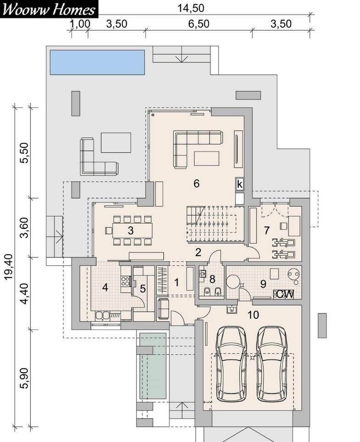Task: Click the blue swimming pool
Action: (x=97, y=62)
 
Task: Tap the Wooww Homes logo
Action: (x=49, y=9)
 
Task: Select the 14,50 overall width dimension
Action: (x=191, y=8)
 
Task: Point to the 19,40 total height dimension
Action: (x=9, y=267)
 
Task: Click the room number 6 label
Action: (x=197, y=184)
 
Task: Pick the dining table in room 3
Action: (x=133, y=230)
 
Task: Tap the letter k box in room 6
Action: (x=240, y=185)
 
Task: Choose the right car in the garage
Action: (x=272, y=364)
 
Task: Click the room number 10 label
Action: (x=253, y=315)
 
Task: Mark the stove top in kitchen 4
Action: (x=125, y=281)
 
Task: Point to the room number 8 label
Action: (x=212, y=279)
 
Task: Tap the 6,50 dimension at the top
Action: (x=199, y=24)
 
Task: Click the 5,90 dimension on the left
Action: (x=25, y=378)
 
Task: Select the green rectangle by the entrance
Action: (x=153, y=366)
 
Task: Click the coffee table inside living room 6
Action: (x=206, y=158)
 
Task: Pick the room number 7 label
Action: (x=267, y=230)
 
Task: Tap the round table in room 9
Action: (x=233, y=281)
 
